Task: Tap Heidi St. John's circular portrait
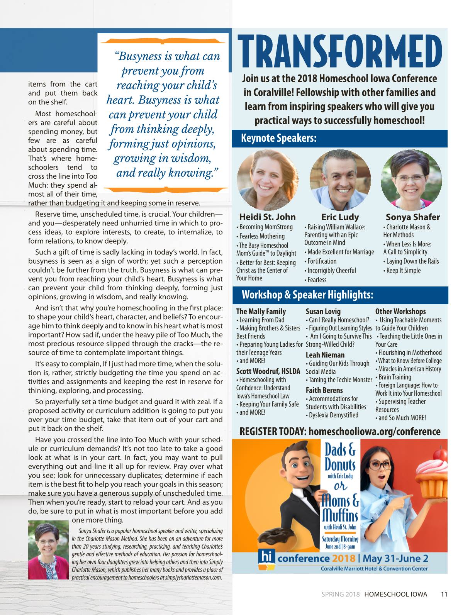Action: [267, 180]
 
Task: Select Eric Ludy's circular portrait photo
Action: [340, 180]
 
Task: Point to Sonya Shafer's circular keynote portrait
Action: [411, 180]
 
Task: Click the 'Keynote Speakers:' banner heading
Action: [279, 138]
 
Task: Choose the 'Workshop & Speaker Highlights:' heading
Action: [307, 295]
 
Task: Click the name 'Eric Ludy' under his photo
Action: [340, 217]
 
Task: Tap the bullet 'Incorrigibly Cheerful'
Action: [331, 271]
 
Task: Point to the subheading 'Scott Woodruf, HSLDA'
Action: [268, 371]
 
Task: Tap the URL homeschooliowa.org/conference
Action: [375, 432]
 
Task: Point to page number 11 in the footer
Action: [444, 595]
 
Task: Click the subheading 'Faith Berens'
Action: [324, 390]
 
